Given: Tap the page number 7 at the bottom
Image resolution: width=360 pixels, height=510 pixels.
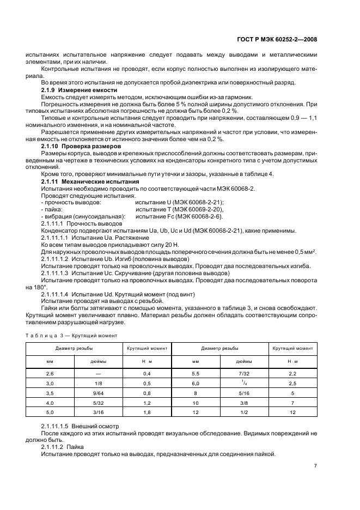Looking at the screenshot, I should pos(315,466).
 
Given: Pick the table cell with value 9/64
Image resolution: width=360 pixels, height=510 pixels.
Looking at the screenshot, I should pos(98,392).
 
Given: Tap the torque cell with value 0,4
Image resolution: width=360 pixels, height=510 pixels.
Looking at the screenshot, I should pos(147,373).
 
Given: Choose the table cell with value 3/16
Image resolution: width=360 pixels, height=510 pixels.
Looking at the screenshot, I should pos(98,412).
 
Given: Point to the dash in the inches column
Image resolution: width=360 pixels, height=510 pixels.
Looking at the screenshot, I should pos(98,373).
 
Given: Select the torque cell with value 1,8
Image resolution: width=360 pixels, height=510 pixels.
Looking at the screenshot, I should pos(147,412).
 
